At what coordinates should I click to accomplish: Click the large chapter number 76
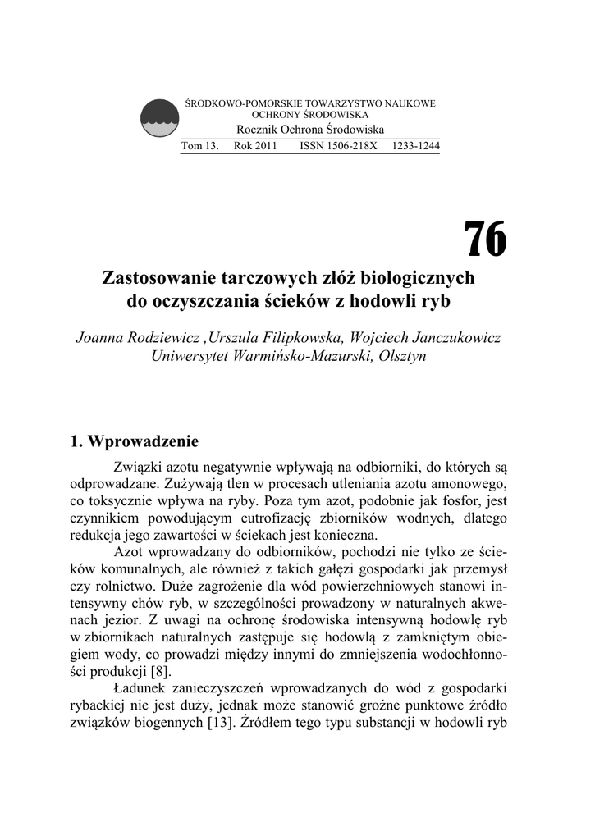pyautogui.click(x=485, y=240)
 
